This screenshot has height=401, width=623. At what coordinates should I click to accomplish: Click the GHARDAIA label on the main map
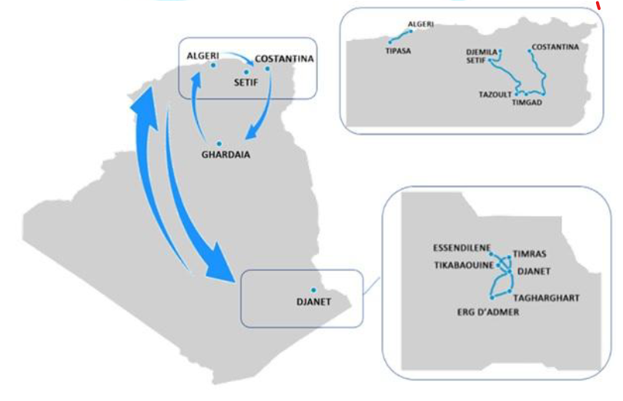tap(226, 155)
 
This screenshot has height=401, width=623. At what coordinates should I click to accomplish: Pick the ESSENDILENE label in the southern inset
tap(463, 248)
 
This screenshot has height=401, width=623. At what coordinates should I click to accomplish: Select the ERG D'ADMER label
tap(488, 312)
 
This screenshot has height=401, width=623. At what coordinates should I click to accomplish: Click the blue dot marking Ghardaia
tap(219, 143)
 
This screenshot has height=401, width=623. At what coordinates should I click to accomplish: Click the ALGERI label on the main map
tap(203, 55)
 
